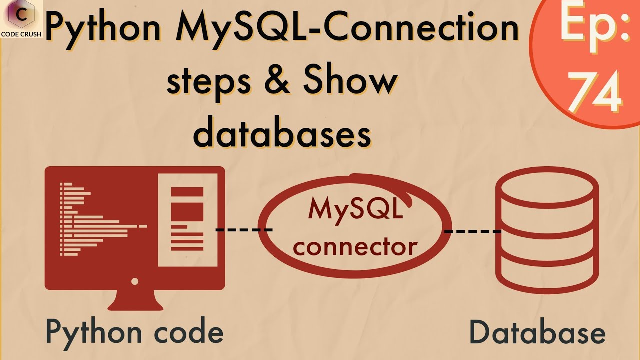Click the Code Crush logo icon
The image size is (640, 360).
click(x=21, y=15)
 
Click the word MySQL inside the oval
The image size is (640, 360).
click(x=355, y=209)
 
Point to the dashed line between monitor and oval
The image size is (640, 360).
click(x=244, y=230)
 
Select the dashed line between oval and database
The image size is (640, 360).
click(x=473, y=231)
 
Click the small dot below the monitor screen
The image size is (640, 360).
click(x=134, y=282)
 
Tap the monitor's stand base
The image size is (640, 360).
click(x=135, y=303)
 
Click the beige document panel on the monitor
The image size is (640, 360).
click(x=188, y=220)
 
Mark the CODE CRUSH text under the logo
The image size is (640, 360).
click(x=21, y=35)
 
